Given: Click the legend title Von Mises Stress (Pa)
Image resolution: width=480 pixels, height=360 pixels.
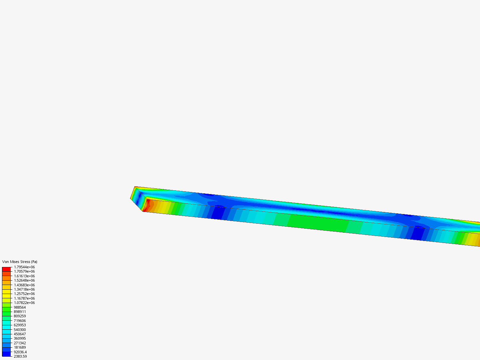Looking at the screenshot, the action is [x=20, y=262].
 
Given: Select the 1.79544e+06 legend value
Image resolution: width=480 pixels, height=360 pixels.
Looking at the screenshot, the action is [x=24, y=267].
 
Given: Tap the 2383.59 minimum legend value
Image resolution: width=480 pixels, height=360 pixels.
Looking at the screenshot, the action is [x=20, y=356].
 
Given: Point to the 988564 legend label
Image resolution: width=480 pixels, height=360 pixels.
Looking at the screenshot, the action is [x=20, y=307].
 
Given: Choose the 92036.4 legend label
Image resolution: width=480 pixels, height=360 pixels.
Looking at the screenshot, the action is [x=20, y=352].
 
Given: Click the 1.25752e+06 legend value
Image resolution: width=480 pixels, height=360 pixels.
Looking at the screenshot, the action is [x=24, y=294].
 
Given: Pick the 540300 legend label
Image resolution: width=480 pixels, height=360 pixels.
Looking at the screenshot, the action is [x=20, y=330].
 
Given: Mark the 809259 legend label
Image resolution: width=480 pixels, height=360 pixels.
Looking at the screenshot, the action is [x=20, y=316].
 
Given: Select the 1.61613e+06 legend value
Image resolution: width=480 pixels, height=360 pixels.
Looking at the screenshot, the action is [x=24, y=276].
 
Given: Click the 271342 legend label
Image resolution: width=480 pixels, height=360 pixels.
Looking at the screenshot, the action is [x=20, y=343].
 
